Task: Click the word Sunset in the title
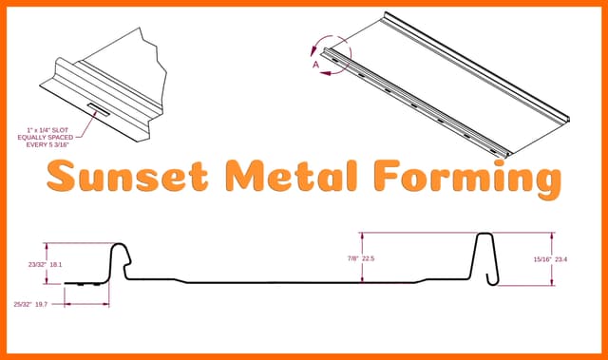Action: (x=128, y=177)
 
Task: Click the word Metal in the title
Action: (x=292, y=176)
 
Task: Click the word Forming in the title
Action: (x=468, y=179)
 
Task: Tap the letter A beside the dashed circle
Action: (x=316, y=65)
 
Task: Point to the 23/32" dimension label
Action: (x=37, y=265)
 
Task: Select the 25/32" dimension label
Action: (x=23, y=304)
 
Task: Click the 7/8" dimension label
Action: (x=352, y=258)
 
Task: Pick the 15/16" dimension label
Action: (x=542, y=259)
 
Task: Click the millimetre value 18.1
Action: (x=56, y=265)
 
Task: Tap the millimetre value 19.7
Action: (x=41, y=304)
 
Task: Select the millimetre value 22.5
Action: (x=369, y=258)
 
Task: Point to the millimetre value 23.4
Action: (x=561, y=259)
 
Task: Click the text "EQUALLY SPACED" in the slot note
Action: (x=46, y=138)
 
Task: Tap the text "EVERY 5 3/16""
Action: (x=47, y=145)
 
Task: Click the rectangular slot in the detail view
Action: (x=99, y=109)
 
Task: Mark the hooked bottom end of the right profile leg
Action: (x=492, y=280)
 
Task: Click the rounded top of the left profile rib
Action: (x=118, y=244)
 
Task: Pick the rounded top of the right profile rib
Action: (x=484, y=234)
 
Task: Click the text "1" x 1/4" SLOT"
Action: (x=47, y=130)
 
